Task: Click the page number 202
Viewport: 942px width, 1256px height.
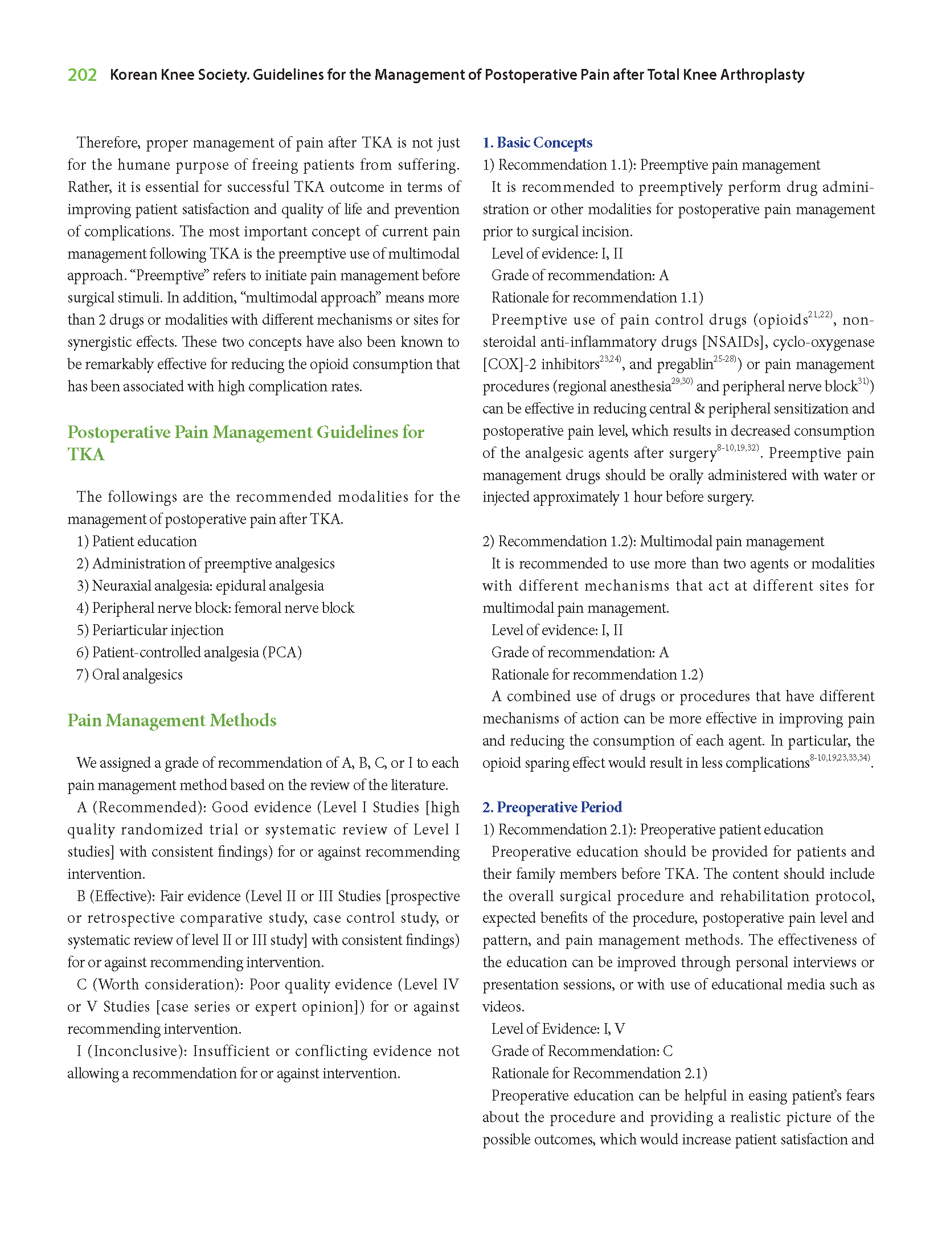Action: [82, 75]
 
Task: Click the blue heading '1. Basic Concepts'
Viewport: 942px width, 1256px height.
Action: [537, 142]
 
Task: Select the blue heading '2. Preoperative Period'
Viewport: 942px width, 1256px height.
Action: [552, 807]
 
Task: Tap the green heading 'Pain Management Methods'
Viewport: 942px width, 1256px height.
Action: [171, 721]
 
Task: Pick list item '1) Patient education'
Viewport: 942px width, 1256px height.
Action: [137, 541]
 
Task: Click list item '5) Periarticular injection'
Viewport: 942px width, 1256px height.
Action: [150, 630]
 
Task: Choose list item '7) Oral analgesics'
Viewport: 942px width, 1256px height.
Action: [129, 674]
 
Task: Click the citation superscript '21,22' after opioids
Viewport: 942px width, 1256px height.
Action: [820, 314]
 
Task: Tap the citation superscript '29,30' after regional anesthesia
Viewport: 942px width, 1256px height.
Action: [681, 381]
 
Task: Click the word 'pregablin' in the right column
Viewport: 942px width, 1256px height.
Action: [685, 365]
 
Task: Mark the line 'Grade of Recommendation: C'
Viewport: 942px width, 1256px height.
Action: [581, 1051]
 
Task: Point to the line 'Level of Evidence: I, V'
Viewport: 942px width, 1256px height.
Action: [558, 1029]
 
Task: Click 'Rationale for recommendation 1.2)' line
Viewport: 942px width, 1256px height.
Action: [597, 674]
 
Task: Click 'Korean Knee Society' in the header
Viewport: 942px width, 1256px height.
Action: [179, 75]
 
